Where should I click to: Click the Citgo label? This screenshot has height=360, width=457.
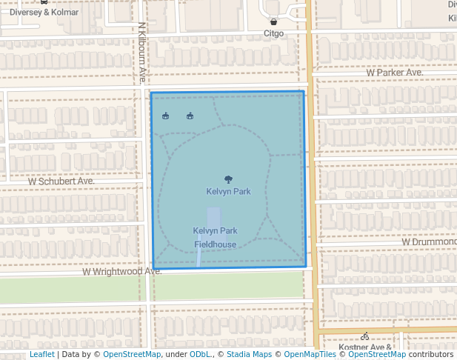274,33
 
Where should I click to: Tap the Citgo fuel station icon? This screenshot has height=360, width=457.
274,21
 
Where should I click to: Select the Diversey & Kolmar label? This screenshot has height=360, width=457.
44,13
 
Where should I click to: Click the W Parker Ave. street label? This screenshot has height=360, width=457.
395,73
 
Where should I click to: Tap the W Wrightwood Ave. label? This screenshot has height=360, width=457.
121,272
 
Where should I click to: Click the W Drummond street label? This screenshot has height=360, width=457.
429,241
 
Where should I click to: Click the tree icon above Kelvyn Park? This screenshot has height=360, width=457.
228,179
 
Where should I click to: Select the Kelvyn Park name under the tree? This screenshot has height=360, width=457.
228,192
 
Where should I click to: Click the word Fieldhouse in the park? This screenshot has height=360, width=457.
216,244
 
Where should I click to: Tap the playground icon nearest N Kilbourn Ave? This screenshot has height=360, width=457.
166,116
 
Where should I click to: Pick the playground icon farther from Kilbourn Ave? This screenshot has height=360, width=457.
190,116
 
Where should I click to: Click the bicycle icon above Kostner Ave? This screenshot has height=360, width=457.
365,336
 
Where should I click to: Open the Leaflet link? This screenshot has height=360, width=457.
41,354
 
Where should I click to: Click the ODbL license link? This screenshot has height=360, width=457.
200,354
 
